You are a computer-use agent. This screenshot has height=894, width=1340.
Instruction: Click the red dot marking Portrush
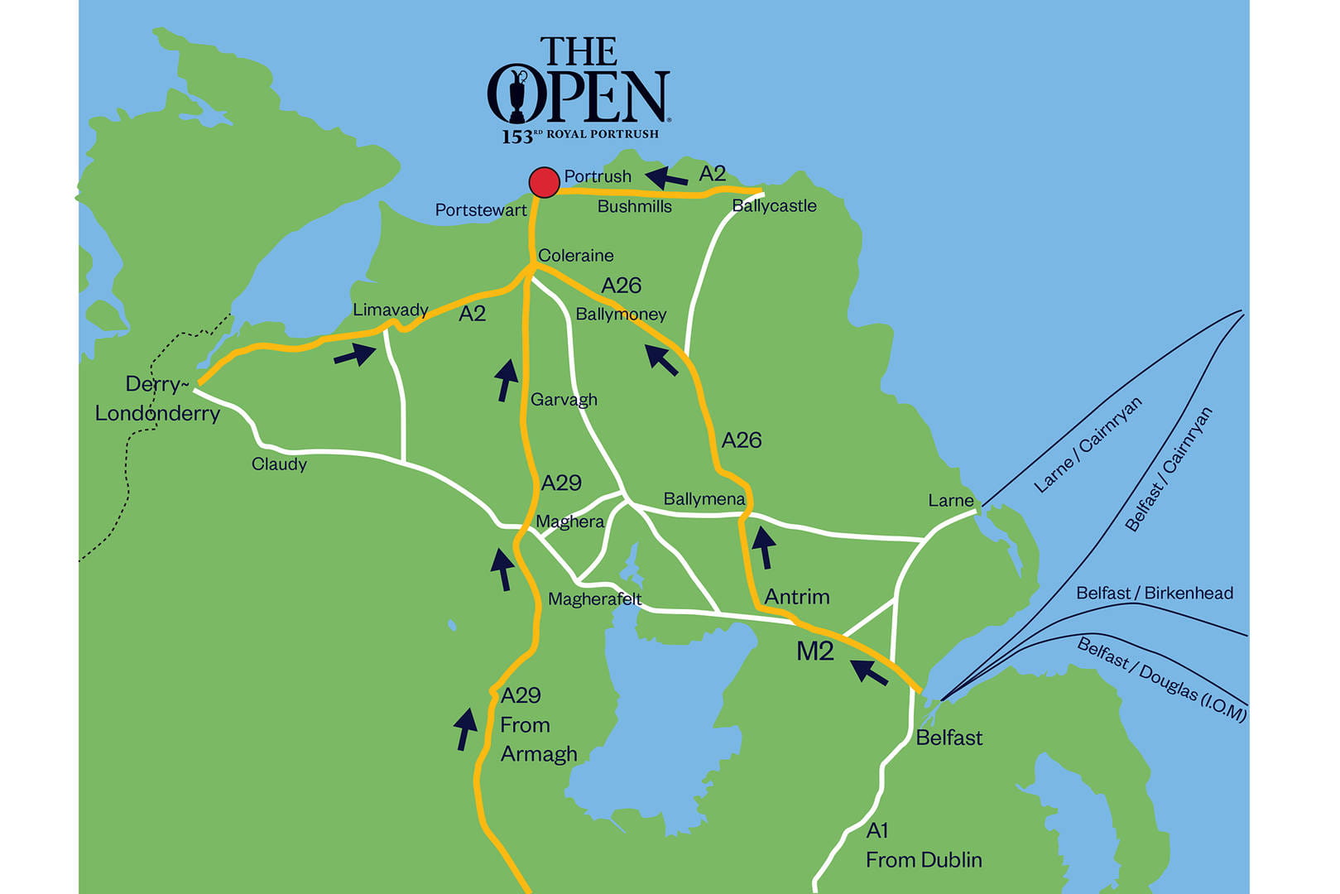[544, 182]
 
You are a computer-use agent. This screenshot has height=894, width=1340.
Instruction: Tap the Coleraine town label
[575, 256]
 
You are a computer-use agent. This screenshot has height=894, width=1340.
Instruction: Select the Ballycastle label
[774, 206]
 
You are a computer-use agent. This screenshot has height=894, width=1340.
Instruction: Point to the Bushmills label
[634, 207]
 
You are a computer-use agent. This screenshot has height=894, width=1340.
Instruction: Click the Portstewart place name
[480, 210]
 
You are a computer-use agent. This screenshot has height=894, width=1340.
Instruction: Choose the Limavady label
[390, 310]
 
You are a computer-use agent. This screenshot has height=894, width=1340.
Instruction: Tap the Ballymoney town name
[621, 315]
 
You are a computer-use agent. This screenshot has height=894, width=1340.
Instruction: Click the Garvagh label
[564, 400]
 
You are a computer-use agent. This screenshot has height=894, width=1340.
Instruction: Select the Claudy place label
[279, 464]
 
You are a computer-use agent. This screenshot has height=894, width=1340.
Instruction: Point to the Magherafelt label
[594, 599]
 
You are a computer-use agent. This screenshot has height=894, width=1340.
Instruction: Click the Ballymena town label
[704, 499]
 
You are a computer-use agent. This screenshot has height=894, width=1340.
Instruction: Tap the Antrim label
[796, 597]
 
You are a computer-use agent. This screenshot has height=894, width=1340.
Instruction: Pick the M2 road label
[814, 652]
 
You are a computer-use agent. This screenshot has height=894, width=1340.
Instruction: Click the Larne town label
[950, 501]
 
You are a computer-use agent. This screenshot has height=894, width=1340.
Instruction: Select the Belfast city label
[949, 738]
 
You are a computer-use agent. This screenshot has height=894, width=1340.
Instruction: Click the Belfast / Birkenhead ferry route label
[1154, 594]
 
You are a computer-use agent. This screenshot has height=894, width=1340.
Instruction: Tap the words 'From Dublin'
[924, 860]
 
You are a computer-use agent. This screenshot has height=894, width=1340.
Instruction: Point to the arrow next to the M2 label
[869, 671]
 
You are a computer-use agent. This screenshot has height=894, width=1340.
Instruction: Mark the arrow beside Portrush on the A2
[666, 177]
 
